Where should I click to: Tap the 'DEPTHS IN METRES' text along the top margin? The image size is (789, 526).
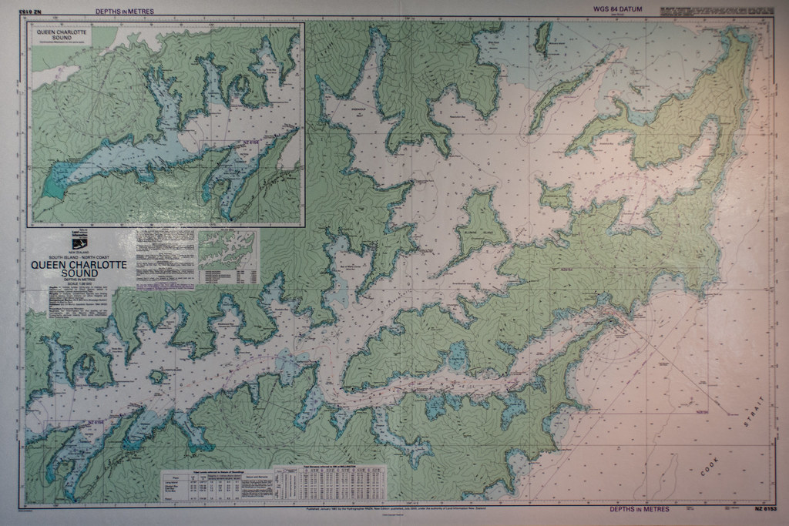click(125, 12)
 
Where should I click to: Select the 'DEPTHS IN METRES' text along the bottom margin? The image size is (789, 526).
click(639, 509)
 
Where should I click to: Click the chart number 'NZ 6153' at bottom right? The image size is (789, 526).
click(762, 510)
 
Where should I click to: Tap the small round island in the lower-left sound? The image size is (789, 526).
click(157, 377)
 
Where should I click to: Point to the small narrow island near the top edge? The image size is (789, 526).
click(543, 37)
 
